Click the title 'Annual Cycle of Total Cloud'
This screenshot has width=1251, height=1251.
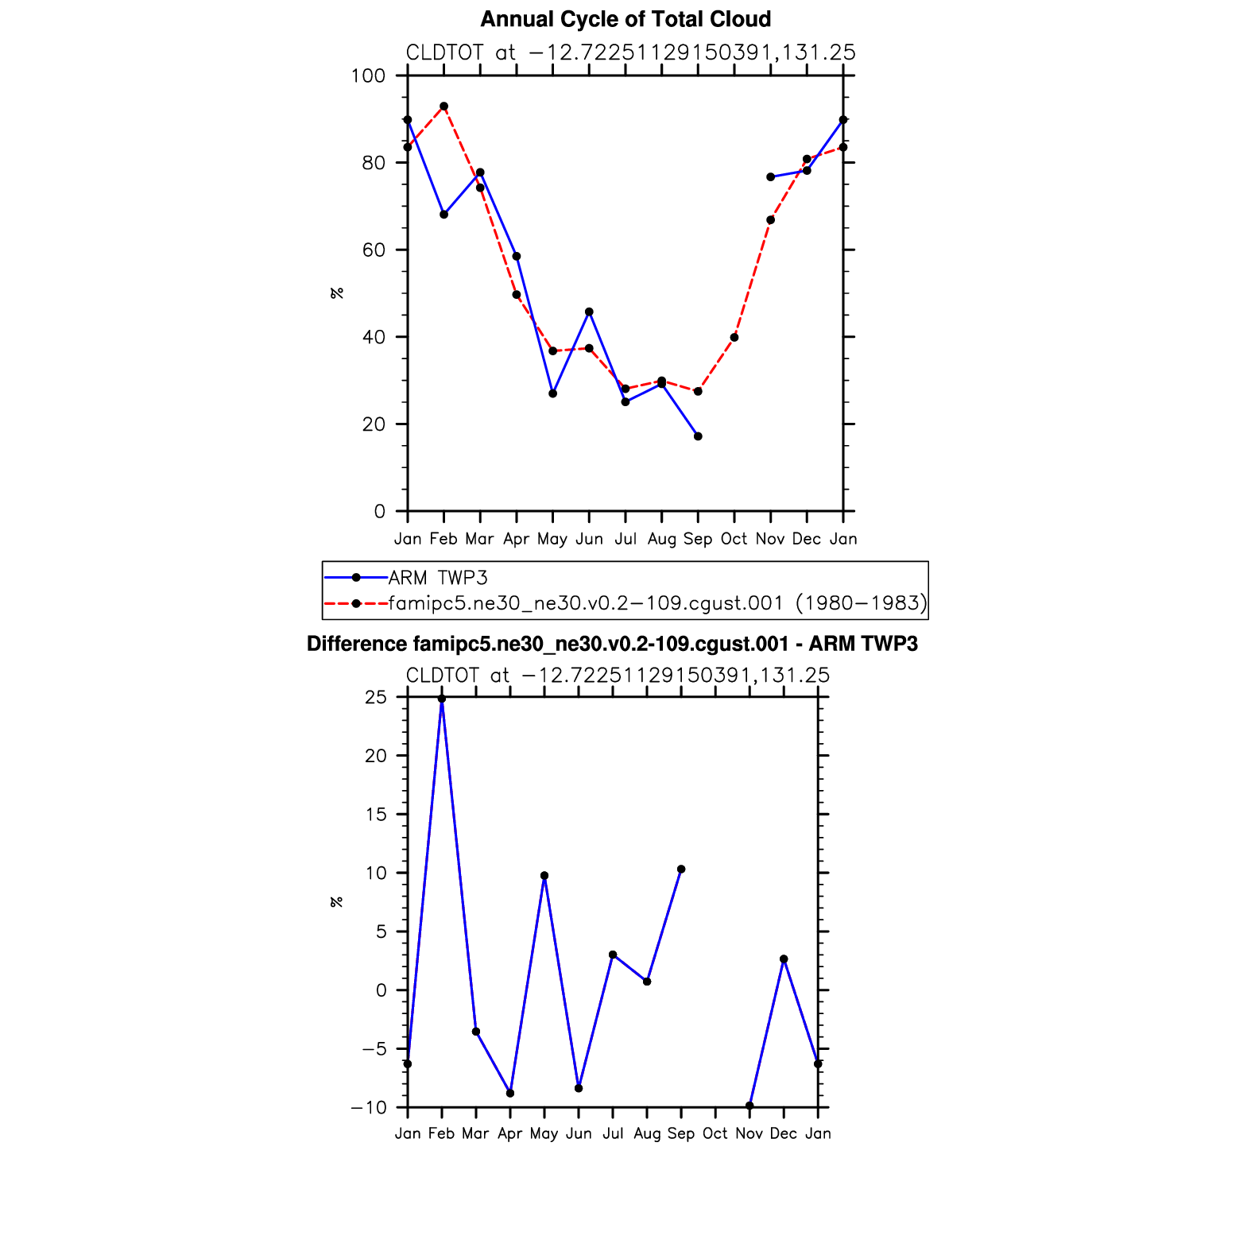pyautogui.click(x=625, y=19)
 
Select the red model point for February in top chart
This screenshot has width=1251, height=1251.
pyautogui.click(x=443, y=107)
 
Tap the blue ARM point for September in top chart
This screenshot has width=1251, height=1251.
pyautogui.click(x=698, y=436)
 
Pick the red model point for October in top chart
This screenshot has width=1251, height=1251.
pyautogui.click(x=734, y=338)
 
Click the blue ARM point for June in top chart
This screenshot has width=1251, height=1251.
pyautogui.click(x=589, y=312)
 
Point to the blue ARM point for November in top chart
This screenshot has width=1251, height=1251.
pyautogui.click(x=770, y=177)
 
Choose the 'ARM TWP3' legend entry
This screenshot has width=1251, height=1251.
pyautogui.click(x=437, y=578)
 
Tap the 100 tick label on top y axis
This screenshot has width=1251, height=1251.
pyautogui.click(x=368, y=76)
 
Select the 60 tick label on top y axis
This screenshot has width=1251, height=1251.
pyautogui.click(x=373, y=250)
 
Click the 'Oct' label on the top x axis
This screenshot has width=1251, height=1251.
pyautogui.click(x=734, y=539)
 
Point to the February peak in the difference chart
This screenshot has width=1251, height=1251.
pyautogui.click(x=442, y=699)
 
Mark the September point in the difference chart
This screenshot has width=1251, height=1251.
pyautogui.click(x=681, y=870)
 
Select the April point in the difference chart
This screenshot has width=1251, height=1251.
pyautogui.click(x=510, y=1094)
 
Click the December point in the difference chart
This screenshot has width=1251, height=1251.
pyautogui.click(x=784, y=959)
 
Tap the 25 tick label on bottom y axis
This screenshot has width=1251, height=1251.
pyautogui.click(x=376, y=698)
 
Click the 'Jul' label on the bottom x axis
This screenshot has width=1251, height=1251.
pyautogui.click(x=613, y=1133)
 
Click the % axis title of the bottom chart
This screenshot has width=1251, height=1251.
pyautogui.click(x=337, y=902)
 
